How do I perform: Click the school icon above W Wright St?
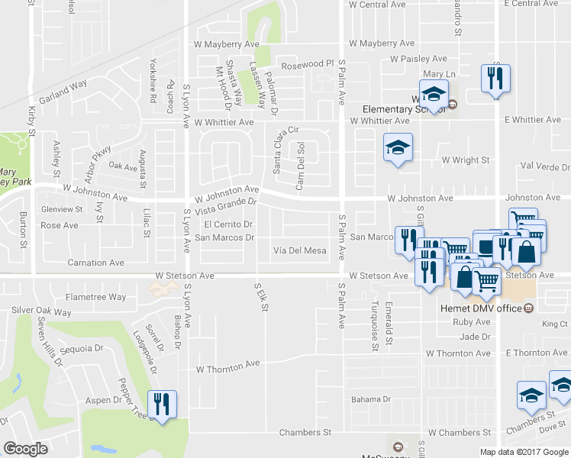click(x=397, y=147)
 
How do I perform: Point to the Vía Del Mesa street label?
click(x=300, y=250)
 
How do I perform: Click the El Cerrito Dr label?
click(x=228, y=224)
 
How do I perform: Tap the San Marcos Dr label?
click(x=224, y=237)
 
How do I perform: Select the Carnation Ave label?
click(x=95, y=263)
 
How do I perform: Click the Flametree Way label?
click(x=96, y=297)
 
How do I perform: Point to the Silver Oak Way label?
click(x=41, y=312)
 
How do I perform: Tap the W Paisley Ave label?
click(x=418, y=59)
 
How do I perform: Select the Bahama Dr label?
click(x=371, y=399)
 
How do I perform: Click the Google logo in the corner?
click(x=26, y=449)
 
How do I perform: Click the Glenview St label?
click(x=61, y=209)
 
